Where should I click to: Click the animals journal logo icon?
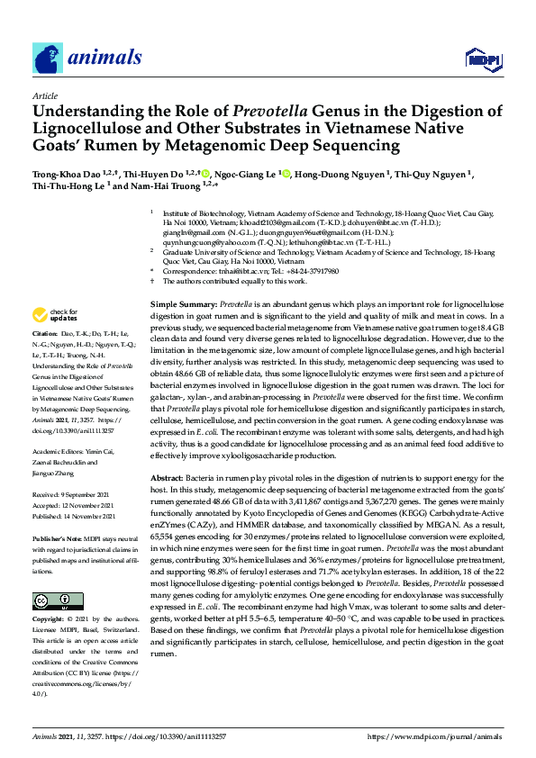point(47,59)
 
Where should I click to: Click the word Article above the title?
point(45,95)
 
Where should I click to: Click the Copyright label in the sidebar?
point(50,621)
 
